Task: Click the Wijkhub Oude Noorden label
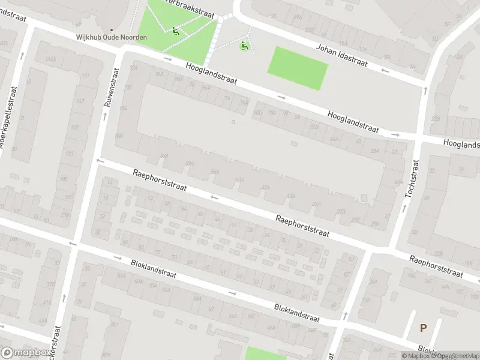click(111, 37)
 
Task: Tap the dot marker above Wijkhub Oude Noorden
click(111, 29)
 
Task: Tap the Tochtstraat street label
click(412, 178)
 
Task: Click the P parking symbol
click(423, 328)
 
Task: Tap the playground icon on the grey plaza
click(244, 46)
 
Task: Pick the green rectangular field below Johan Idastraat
click(298, 68)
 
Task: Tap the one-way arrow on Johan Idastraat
click(385, 70)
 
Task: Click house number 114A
click(50, 59)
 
